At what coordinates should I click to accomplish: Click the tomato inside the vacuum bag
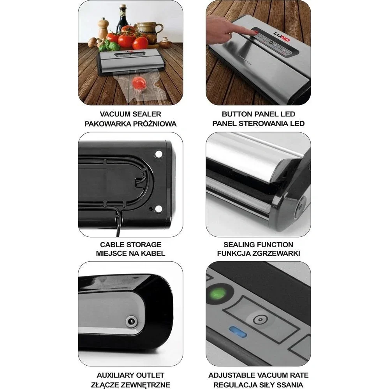click(x=137, y=82)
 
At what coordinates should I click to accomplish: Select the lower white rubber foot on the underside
click(x=158, y=209)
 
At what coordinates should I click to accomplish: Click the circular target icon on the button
click(x=257, y=320)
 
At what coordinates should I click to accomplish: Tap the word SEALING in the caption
click(x=239, y=245)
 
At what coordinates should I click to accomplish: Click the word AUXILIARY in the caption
click(x=114, y=375)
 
